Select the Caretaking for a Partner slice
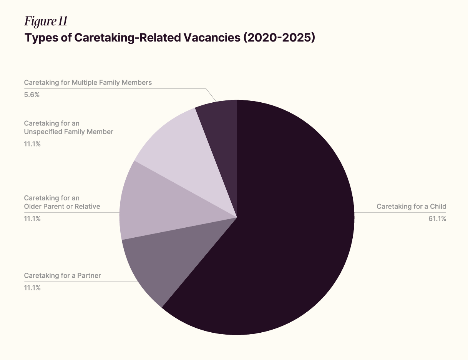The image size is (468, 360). [154, 262]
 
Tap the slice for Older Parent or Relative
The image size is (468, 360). [154, 204]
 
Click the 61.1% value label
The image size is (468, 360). [437, 219]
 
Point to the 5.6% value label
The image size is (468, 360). [32, 95]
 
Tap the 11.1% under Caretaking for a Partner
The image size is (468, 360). [32, 288]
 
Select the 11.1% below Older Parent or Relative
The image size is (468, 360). [32, 218]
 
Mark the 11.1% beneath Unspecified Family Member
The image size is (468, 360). [32, 144]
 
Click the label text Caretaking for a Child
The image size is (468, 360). [411, 207]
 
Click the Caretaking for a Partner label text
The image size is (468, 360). [62, 275]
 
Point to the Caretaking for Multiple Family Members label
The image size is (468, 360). [88, 82]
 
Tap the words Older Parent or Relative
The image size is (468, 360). [62, 207]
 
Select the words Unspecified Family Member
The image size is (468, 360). [68, 132]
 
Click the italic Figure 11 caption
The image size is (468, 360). [46, 22]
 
